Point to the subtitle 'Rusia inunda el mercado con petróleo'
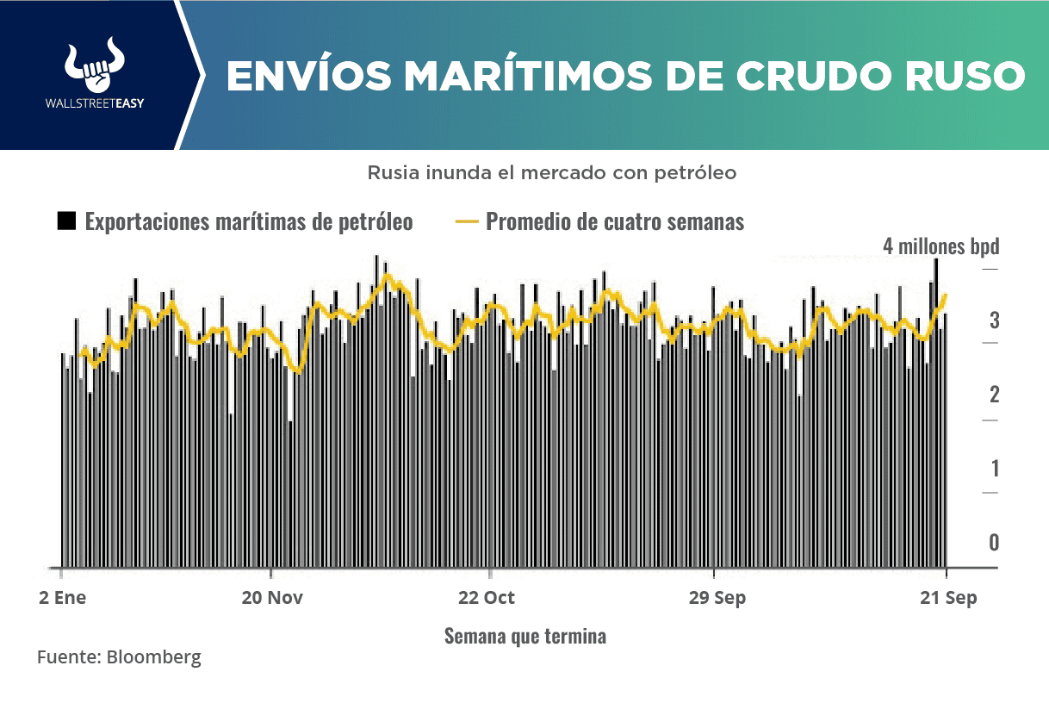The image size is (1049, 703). pos(552,172)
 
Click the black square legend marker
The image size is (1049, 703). pos(66,221)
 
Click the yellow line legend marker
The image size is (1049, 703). pos(465,222)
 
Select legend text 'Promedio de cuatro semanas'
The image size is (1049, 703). pos(615,222)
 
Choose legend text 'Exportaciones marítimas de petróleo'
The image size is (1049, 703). pos(249,222)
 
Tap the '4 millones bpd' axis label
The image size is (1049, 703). pos(940,246)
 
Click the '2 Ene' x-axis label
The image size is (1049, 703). pos(62,598)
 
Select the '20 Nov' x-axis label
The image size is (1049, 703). pos(272,598)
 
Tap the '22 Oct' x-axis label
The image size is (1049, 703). pos(488,598)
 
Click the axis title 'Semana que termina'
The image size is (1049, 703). pos(524,637)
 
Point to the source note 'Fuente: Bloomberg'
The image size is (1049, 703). pos(119,657)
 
